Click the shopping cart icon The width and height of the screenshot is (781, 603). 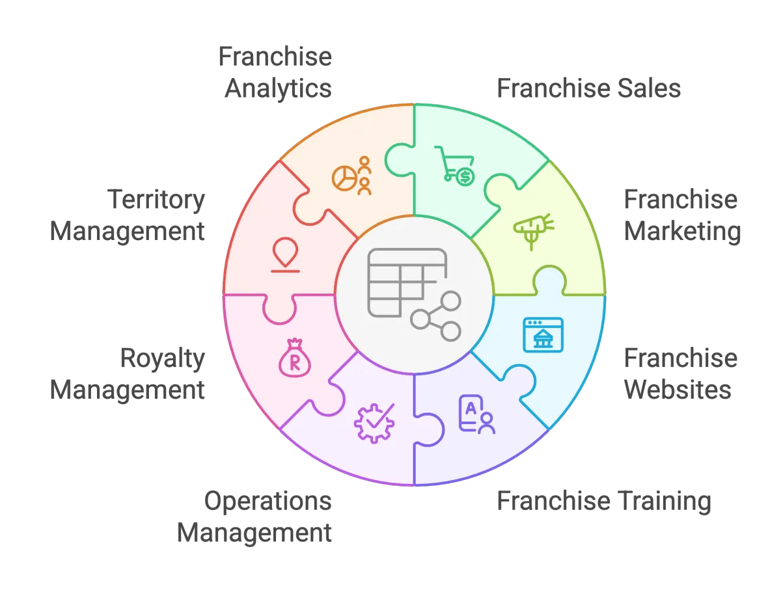pos(454,166)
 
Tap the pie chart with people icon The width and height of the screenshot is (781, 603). pos(351,176)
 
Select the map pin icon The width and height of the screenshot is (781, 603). pos(285,254)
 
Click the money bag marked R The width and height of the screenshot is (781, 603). pos(295,358)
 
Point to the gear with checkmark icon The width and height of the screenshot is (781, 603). pos(374,423)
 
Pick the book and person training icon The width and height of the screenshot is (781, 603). pos(477,415)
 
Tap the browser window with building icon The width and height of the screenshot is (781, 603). pos(543,335)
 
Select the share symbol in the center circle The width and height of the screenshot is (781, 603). pos(435,316)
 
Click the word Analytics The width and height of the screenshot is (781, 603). pos(278,88)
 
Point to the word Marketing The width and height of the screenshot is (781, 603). pos(683,231)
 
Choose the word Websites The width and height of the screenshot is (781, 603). pos(678,390)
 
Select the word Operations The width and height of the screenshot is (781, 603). pos(267,501)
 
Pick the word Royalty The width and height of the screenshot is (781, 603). pos(163,358)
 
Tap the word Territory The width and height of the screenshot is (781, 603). pos(156,200)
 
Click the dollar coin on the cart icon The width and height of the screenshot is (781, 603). pos(465,177)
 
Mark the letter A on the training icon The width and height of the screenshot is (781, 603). pos(471,409)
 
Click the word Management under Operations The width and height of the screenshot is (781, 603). pos(254,533)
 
